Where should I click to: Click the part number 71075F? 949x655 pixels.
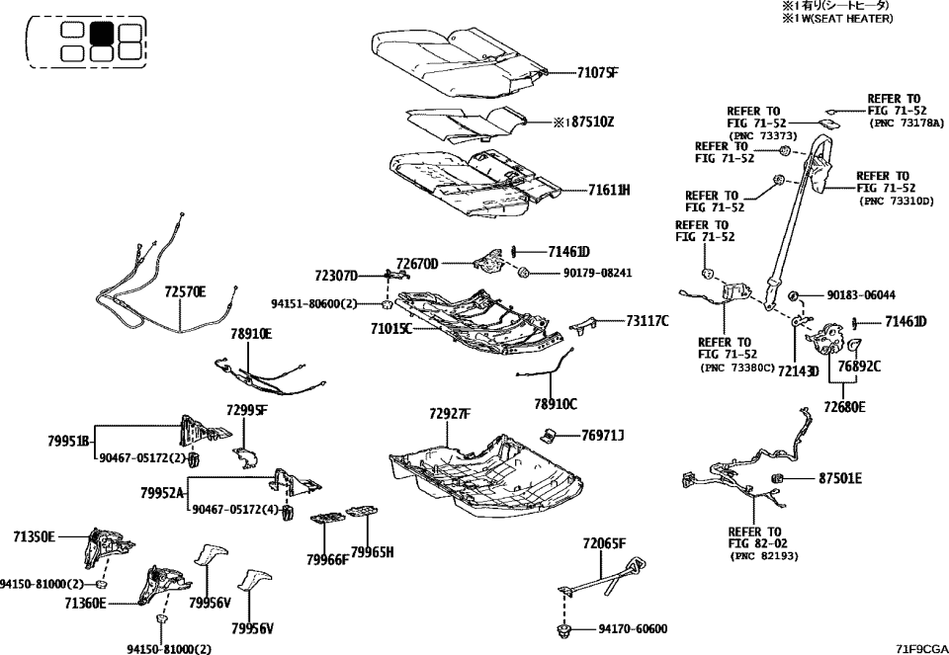pyautogui.click(x=598, y=72)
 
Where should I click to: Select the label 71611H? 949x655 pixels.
pyautogui.click(x=609, y=189)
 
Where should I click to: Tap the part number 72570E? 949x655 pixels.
pyautogui.click(x=185, y=292)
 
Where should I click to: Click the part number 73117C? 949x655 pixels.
pyautogui.click(x=647, y=320)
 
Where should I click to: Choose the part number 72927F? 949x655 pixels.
pyautogui.click(x=450, y=413)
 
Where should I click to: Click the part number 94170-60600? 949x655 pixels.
pyautogui.click(x=633, y=629)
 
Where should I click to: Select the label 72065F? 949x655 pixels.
pyautogui.click(x=605, y=543)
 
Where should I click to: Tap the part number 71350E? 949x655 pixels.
pyautogui.click(x=34, y=536)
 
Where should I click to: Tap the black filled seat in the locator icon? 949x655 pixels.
pyautogui.click(x=102, y=33)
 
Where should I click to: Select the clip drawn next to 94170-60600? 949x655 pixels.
pyautogui.click(x=567, y=628)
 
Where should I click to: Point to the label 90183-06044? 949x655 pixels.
pyautogui.click(x=862, y=294)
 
